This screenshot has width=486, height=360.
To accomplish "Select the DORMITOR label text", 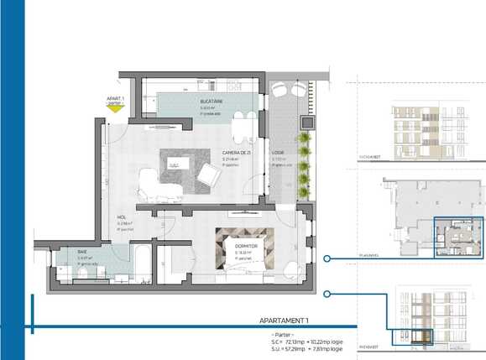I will [243, 245].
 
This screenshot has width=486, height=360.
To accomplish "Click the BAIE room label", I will [82, 252].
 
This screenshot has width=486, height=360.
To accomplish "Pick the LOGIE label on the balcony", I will [278, 153].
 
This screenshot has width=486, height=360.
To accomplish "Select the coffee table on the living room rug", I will [175, 165].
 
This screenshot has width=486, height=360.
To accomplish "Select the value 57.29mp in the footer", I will [294, 350].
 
